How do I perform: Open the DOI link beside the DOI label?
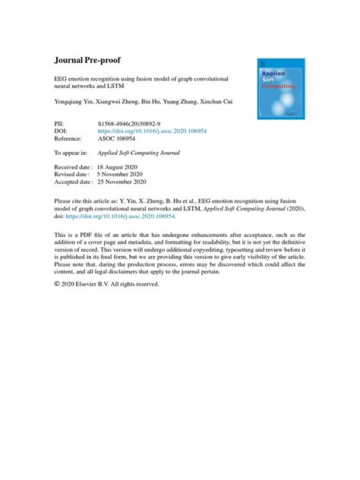[x=152, y=130]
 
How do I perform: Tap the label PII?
[x=61, y=122]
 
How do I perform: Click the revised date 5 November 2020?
[x=126, y=174]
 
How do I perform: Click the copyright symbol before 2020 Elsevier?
[x=58, y=284]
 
